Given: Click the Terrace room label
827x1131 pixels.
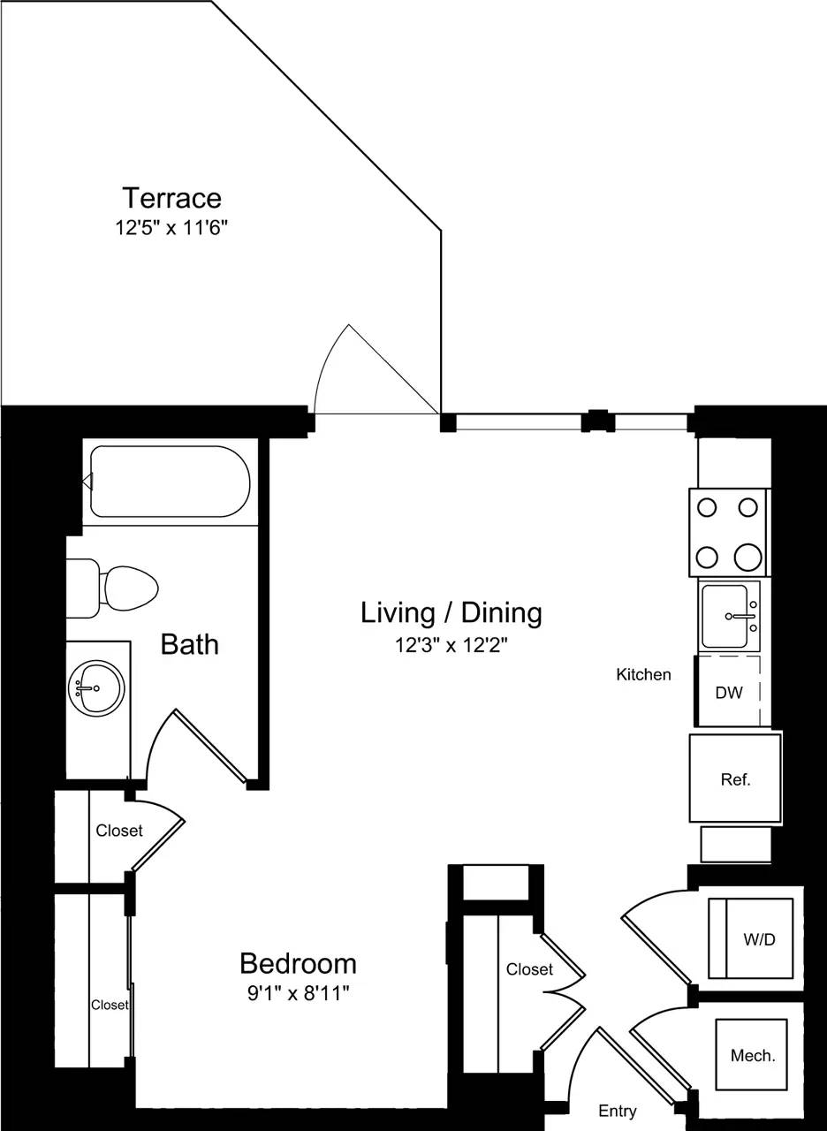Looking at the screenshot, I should click(171, 197).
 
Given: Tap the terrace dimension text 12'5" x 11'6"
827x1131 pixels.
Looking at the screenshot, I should click(171, 227).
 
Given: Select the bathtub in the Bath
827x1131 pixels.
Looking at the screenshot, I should click(171, 482).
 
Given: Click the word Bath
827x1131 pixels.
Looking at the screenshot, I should click(189, 644).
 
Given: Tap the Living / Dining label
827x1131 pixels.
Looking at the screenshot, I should click(451, 612).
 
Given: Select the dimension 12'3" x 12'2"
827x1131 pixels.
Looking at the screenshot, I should click(451, 645).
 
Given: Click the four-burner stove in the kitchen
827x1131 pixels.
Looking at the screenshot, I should click(728, 532).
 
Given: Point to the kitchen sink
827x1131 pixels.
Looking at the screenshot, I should click(728, 616).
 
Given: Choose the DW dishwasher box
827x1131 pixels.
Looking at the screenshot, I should click(729, 692).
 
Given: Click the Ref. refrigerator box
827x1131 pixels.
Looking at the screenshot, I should click(735, 778).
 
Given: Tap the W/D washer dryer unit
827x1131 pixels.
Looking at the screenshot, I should click(751, 938).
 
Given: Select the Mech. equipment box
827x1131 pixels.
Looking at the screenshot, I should click(751, 1055).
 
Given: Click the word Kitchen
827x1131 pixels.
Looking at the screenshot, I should click(643, 675).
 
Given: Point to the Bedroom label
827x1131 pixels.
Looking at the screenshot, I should click(298, 962).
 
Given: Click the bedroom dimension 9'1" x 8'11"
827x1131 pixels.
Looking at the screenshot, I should click(298, 993).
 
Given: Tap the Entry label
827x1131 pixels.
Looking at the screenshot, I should click(617, 1111).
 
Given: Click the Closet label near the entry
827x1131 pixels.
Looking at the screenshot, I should click(529, 969).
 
